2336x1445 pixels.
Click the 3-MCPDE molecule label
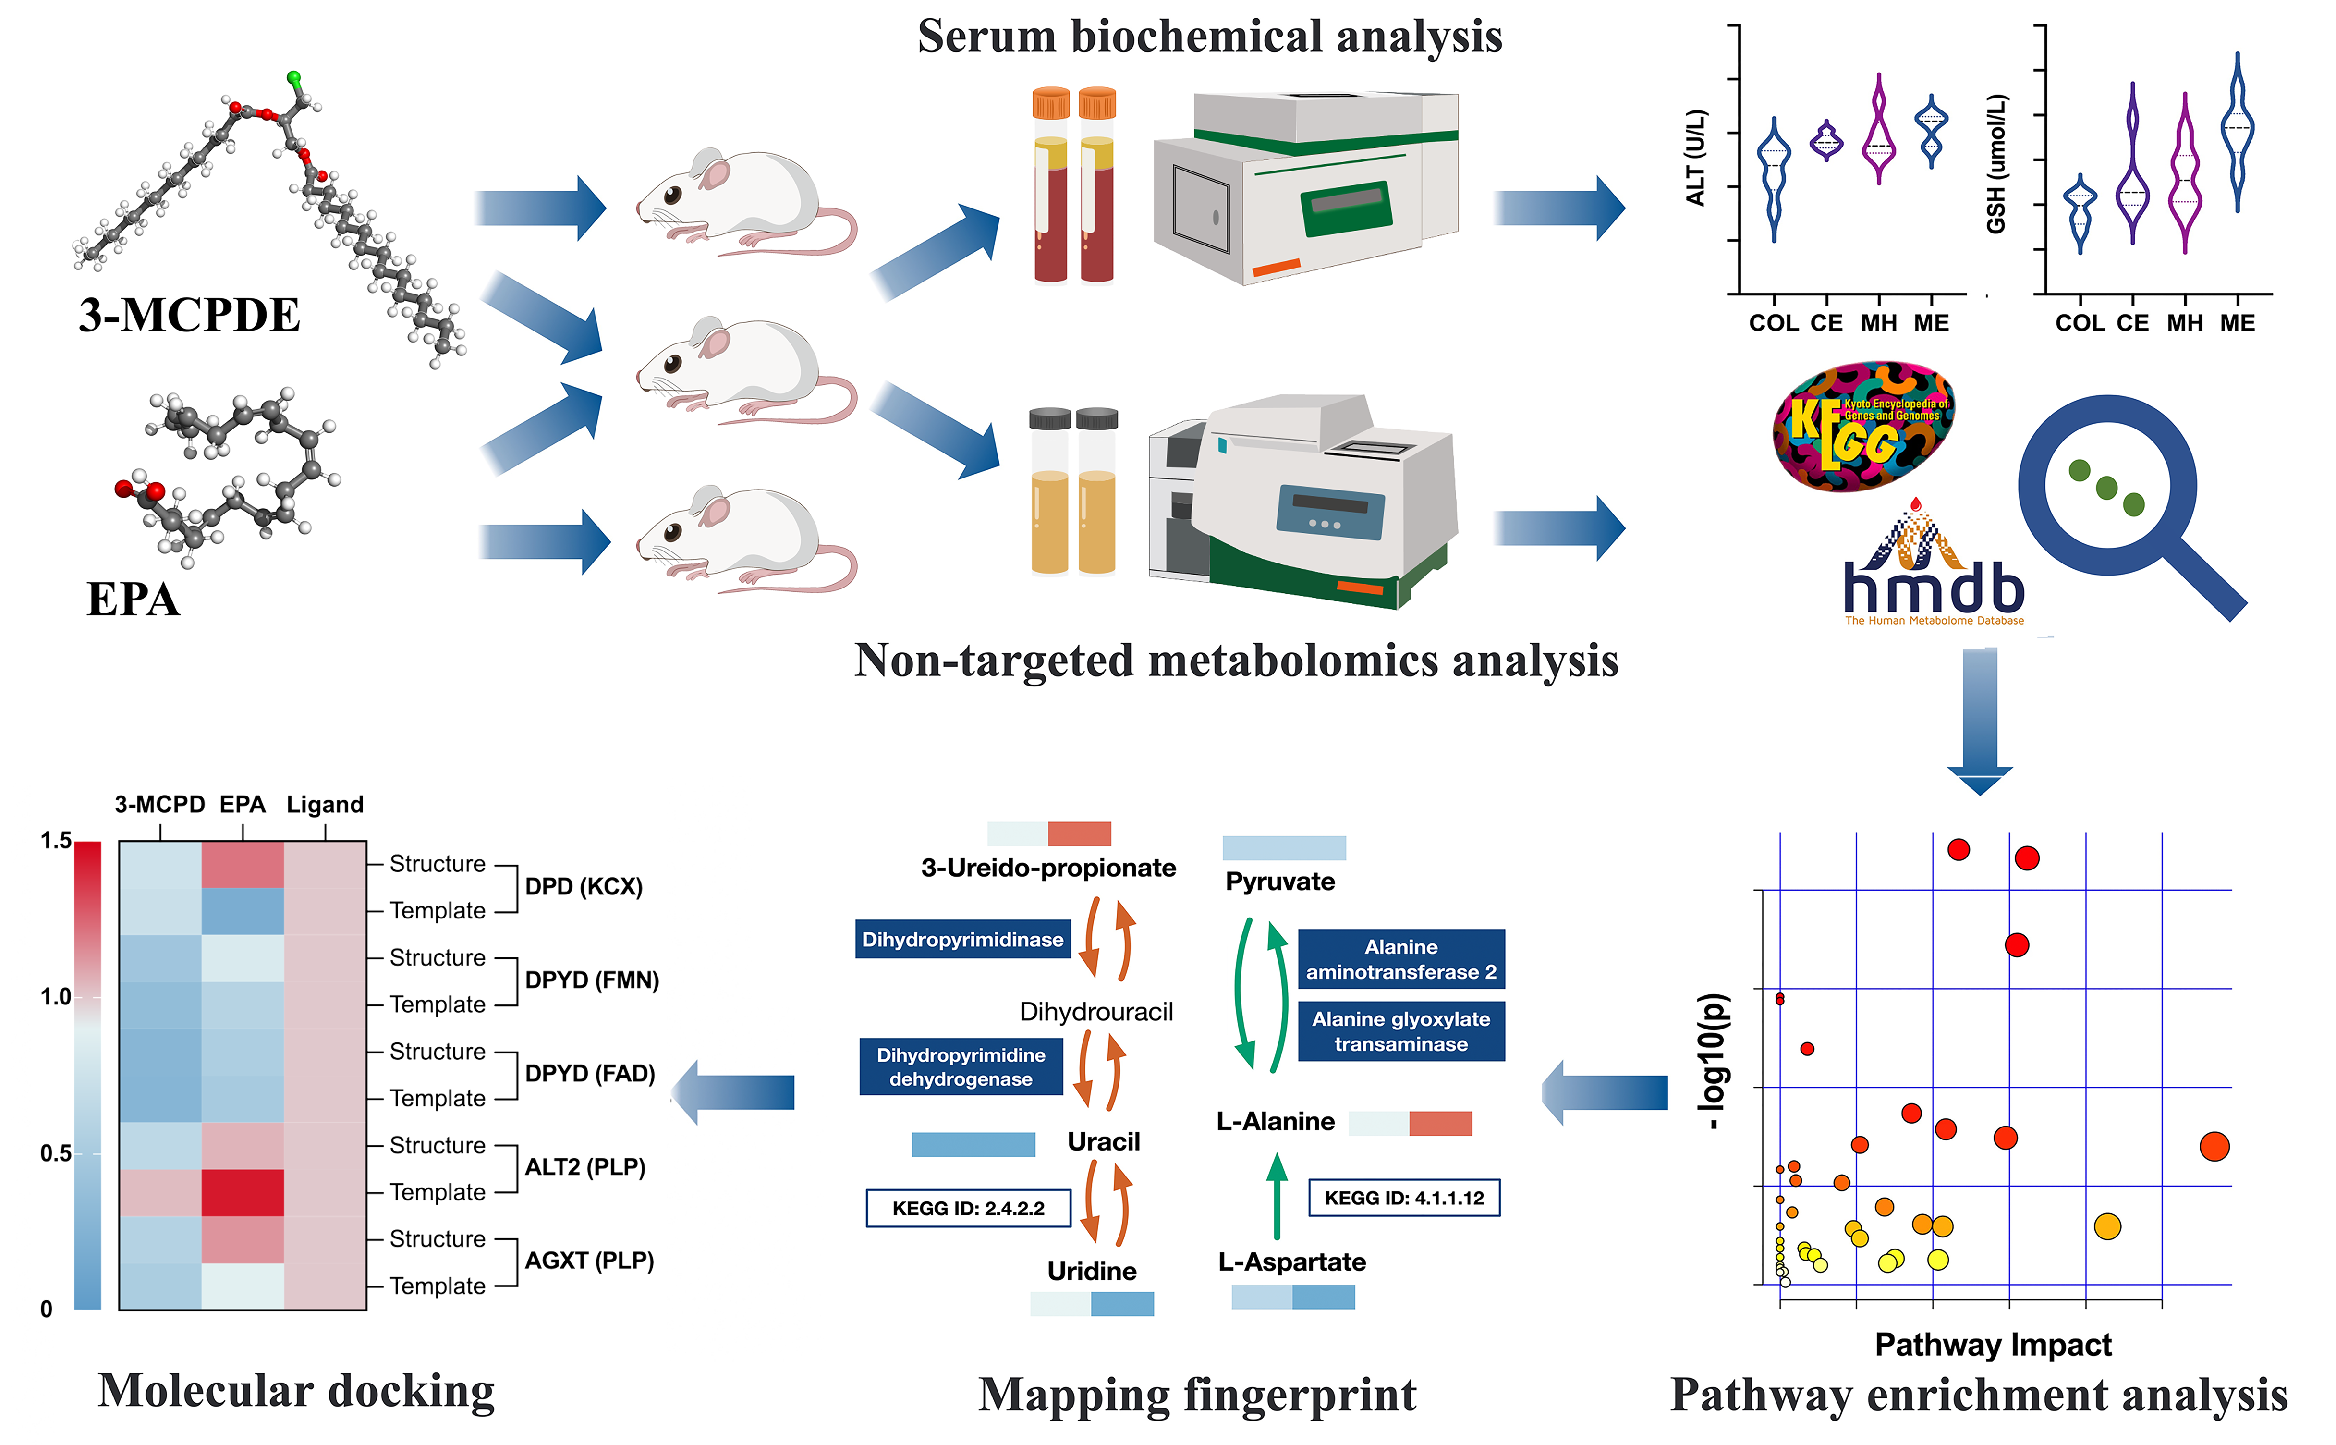[189, 316]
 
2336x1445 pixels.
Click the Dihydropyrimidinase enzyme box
[962, 940]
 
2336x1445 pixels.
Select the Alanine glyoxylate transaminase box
[1400, 1031]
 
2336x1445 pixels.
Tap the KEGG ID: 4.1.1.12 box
[1403, 1198]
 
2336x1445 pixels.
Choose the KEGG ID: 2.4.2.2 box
[968, 1208]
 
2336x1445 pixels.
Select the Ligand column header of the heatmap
[325, 805]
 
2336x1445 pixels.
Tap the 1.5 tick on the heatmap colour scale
[55, 841]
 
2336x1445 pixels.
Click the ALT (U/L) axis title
[1696, 158]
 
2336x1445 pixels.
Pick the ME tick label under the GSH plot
[2238, 323]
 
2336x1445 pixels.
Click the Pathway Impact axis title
[1993, 1345]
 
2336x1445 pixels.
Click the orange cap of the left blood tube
[1050, 102]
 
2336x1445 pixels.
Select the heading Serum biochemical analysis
[1210, 37]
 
